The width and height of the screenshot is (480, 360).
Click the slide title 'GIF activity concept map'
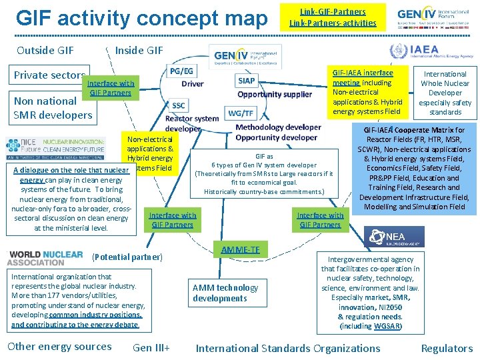(x=141, y=18)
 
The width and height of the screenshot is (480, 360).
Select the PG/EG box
(x=182, y=71)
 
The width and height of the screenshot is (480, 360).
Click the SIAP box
(x=246, y=81)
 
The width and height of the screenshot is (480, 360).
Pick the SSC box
(x=179, y=105)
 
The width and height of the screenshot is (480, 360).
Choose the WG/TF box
(x=240, y=113)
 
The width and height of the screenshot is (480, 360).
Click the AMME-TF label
(x=241, y=249)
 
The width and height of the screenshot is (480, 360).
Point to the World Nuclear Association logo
(x=45, y=259)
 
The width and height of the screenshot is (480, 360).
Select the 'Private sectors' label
(x=49, y=75)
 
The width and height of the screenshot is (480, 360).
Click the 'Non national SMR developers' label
(x=53, y=108)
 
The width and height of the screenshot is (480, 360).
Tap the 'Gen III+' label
(x=151, y=347)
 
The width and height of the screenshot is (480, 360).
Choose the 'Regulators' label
(x=447, y=348)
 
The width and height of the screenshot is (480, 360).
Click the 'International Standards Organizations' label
(x=287, y=348)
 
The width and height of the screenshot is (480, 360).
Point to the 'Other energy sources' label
(x=59, y=346)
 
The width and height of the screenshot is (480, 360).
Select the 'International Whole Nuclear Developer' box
(x=445, y=93)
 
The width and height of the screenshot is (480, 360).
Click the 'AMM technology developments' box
(x=225, y=293)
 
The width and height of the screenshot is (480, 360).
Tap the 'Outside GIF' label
(x=45, y=50)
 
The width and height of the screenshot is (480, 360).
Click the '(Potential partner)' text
(x=127, y=257)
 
